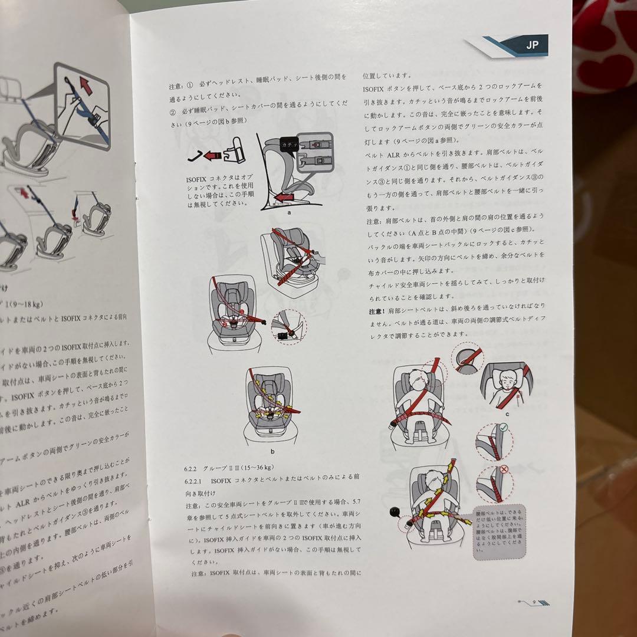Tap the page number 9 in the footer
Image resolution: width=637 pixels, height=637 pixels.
[533, 602]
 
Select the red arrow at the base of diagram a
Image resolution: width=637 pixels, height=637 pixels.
[285, 197]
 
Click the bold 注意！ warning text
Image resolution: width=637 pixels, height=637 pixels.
[380, 311]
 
